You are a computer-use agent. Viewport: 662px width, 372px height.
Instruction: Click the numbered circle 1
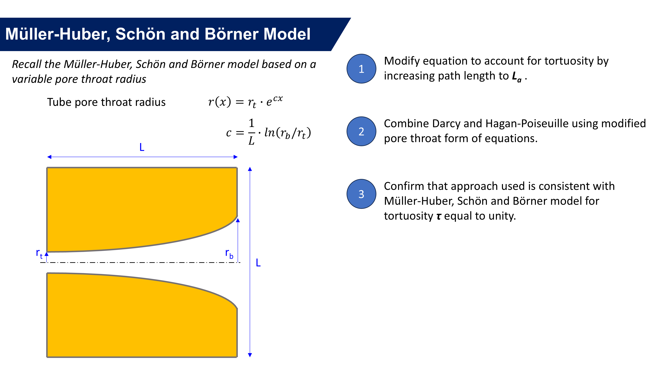pos(361,69)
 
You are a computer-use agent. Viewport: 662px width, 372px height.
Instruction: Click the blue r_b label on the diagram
pos(229,253)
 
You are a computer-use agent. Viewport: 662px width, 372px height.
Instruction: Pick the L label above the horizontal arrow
pos(142,147)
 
